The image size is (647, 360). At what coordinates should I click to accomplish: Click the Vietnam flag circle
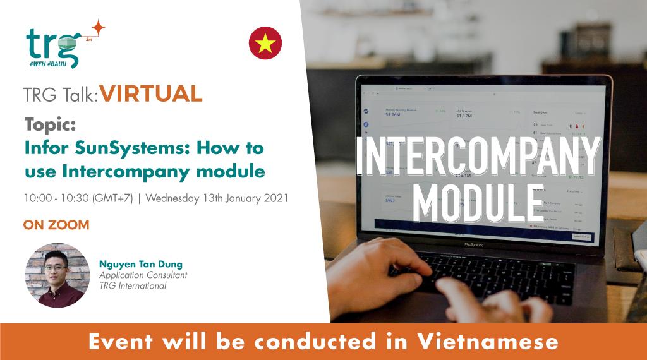click(265, 43)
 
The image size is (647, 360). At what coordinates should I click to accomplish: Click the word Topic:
click(50, 125)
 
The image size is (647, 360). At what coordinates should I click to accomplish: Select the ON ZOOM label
click(56, 224)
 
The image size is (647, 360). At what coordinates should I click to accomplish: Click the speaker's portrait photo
click(57, 275)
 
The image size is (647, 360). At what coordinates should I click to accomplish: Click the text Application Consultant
click(143, 275)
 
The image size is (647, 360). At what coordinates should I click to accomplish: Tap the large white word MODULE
click(477, 200)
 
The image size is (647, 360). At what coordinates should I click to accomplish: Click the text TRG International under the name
click(133, 286)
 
